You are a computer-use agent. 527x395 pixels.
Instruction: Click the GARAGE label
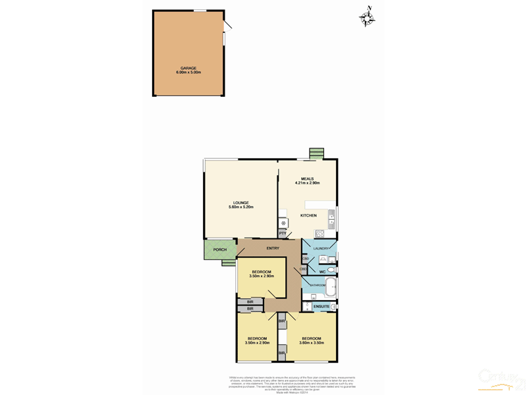coord(188,67)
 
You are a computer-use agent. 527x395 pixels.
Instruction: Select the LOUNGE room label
coord(240,202)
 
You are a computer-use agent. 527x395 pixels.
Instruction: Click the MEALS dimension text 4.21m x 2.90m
coord(307,182)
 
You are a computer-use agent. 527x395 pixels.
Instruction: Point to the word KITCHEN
coord(308,215)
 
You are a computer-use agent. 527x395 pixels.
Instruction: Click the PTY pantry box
coord(283,233)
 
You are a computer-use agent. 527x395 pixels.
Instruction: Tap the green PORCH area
coord(220,250)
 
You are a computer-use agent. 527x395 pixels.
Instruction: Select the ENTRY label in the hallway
coord(273,248)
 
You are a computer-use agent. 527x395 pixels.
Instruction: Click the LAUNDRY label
coord(321,248)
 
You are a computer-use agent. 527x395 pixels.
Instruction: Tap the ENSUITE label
coord(321,307)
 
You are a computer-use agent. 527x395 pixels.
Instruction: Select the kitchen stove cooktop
coord(319,233)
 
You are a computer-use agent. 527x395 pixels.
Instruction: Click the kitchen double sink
coord(331,218)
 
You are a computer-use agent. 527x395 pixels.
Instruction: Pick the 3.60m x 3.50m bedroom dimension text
coord(312,342)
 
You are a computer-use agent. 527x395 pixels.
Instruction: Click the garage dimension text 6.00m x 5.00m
coord(188,72)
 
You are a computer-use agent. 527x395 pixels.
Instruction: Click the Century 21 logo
coord(503,378)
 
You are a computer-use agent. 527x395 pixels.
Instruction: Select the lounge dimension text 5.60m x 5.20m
coord(240,207)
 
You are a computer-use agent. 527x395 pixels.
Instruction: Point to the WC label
coord(323,271)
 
